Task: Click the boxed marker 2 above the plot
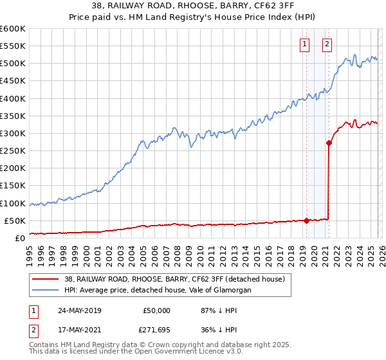327,44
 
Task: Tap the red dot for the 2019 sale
306,221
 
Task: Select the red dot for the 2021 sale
329,143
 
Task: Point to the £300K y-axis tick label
13,133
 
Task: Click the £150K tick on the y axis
13,186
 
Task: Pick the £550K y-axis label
13,46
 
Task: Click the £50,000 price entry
156,310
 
